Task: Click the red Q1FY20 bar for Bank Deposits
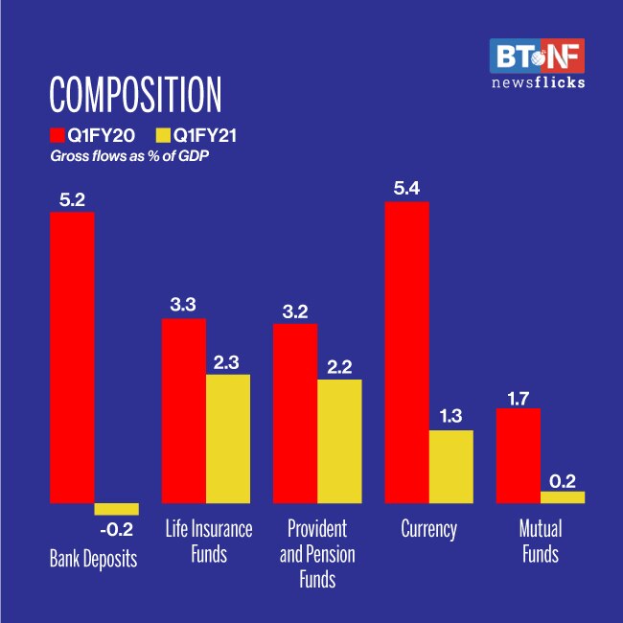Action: pos(72,357)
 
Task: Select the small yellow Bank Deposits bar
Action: pos(116,509)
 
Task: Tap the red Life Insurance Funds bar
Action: pos(183,410)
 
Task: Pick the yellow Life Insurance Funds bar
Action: pos(228,438)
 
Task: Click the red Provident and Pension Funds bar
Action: pos(295,413)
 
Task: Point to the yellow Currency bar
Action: pos(451,466)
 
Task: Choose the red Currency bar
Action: pos(406,352)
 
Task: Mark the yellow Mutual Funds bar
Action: pos(563,496)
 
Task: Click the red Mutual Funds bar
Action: pos(518,455)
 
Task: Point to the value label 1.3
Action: pos(451,416)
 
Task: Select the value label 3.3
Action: pos(184,305)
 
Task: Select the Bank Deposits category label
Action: pos(94,559)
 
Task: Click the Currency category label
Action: pos(428,529)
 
